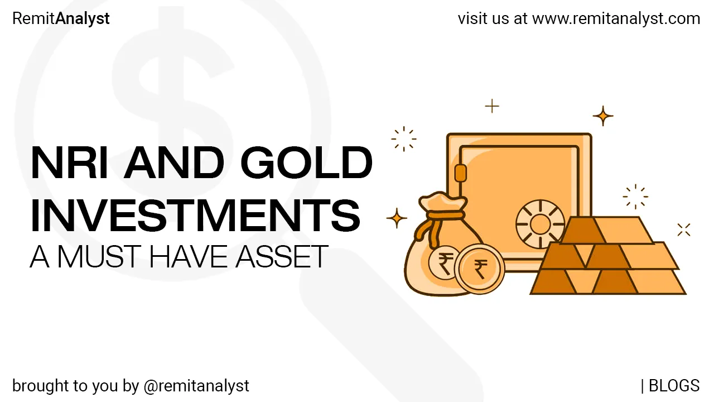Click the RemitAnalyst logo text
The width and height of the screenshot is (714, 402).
pyautogui.click(x=61, y=18)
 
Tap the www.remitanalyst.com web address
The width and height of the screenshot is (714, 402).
pyautogui.click(x=616, y=18)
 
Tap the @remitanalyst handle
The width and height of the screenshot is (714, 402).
pyautogui.click(x=196, y=385)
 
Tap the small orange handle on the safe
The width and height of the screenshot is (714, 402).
pyautogui.click(x=460, y=173)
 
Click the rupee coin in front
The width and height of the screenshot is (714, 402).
pyautogui.click(x=479, y=269)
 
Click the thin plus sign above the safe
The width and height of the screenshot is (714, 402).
pyautogui.click(x=491, y=106)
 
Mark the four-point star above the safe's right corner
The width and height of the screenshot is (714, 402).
pyautogui.click(x=603, y=116)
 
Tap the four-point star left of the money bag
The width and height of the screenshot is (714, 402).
pyautogui.click(x=397, y=218)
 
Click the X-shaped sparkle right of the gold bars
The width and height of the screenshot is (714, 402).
pyautogui.click(x=684, y=229)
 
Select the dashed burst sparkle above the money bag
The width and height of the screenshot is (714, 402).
pyautogui.click(x=404, y=138)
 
